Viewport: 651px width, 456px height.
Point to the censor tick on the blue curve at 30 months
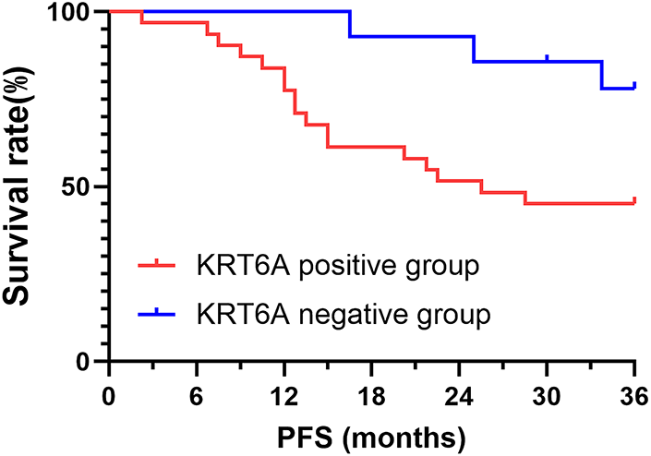[x=548, y=58]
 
